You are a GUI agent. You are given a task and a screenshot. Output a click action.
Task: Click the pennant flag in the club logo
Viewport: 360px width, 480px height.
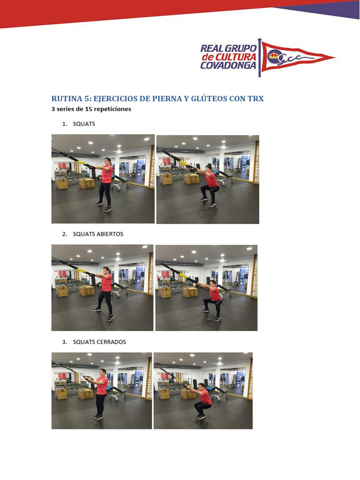coord(294,58)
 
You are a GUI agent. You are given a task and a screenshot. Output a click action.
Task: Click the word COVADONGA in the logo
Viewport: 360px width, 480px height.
coord(228,65)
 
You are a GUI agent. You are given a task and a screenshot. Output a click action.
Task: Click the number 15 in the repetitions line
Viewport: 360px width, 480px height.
coord(89,109)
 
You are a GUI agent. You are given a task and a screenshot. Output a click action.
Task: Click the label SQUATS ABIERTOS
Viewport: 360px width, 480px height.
coord(98,234)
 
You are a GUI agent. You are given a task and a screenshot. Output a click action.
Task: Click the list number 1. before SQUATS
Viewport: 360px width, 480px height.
coord(65,124)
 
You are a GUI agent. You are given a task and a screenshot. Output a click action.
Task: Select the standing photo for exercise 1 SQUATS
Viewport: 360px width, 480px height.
coord(103,179)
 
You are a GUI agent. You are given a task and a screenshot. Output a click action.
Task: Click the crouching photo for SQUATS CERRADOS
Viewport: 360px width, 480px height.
coord(203,390)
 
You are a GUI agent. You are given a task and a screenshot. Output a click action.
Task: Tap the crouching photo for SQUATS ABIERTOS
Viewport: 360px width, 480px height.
coord(206,288)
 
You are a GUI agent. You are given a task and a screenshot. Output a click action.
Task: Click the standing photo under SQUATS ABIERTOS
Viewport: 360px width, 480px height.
coord(102,288)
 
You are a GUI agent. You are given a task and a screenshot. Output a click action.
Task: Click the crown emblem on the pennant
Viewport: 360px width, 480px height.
coord(273,55)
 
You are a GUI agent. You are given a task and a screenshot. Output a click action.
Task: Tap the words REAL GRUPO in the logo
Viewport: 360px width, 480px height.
coord(228,48)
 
